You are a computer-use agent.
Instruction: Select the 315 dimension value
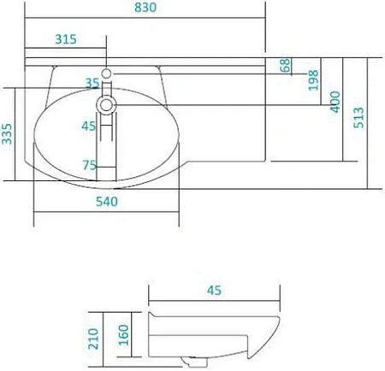67,38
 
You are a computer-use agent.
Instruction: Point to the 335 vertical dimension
8,135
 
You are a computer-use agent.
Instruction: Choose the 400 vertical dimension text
335,102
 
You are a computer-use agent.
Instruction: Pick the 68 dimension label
284,65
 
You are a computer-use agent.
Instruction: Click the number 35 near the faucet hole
92,82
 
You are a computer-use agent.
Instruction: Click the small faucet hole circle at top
106,74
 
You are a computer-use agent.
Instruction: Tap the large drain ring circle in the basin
106,105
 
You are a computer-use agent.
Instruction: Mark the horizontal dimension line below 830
145,19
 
